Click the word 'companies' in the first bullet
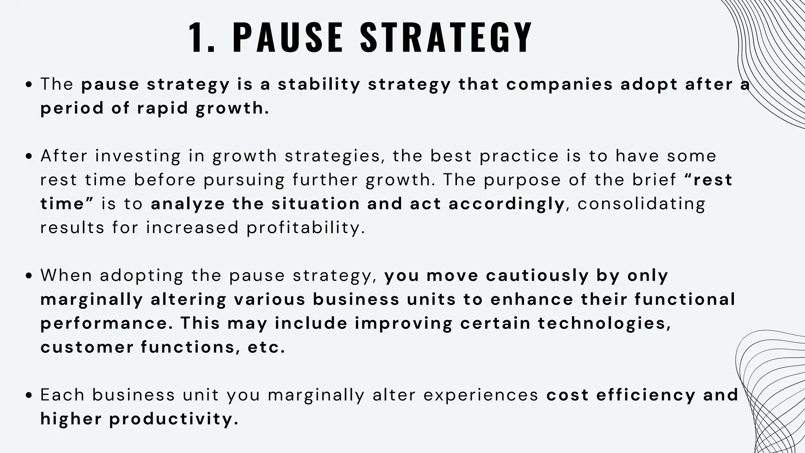559,85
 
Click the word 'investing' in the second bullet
138,157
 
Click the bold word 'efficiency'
646,395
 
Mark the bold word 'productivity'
174,419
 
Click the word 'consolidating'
641,204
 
